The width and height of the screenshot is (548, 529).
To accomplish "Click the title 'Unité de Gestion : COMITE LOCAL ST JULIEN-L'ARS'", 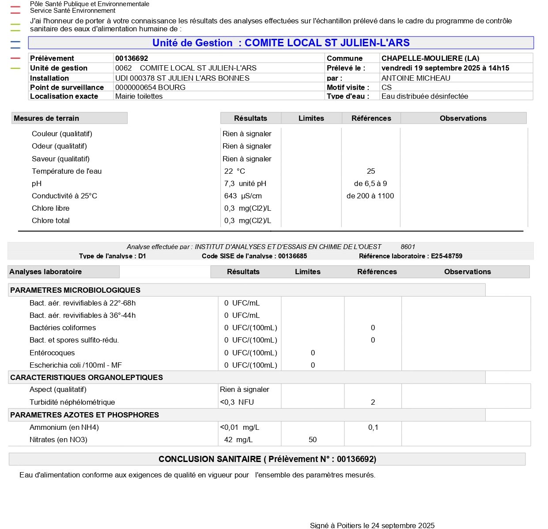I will pos(281,43).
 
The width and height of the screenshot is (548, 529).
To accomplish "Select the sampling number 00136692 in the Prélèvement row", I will pos(132,58).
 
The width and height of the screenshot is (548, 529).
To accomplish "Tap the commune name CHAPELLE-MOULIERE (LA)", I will pos(430,58).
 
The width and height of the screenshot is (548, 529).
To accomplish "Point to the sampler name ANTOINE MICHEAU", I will pos(416,78).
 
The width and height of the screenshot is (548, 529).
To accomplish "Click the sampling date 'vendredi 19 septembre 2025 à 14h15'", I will pos(445,68).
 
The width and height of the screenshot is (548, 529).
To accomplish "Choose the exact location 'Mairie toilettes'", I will pos(139,96).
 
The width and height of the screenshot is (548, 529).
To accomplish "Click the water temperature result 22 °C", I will pos(234,171).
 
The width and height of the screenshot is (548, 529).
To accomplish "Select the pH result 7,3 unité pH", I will pos(245,183).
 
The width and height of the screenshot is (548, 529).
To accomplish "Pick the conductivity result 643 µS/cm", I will pos(243,196).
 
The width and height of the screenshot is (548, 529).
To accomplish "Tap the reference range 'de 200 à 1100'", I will pos(370,196).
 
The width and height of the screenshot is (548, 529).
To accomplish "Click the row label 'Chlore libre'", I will pos(50,208).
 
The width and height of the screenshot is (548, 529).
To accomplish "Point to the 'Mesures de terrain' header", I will pos(46,118).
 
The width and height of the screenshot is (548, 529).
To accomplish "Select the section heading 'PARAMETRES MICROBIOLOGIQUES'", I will pos(75,290).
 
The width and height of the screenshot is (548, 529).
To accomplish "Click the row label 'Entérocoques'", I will pos(52,353).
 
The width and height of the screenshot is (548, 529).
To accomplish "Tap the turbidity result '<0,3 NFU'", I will pos(237,402).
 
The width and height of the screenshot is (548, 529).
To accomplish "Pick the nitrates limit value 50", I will pos(313,440).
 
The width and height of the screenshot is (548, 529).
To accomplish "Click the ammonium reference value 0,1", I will pos(373,427).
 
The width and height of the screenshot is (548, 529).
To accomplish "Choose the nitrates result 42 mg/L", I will pos(238,440).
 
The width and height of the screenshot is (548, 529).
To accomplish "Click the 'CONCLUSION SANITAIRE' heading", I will pos(267,459).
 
